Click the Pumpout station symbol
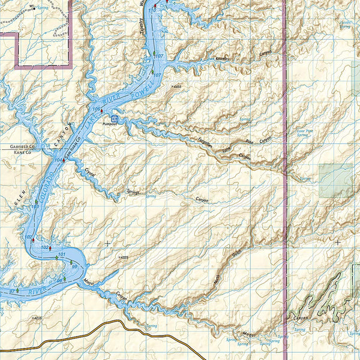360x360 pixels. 114,119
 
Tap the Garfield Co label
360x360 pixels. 23,146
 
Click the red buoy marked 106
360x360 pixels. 103,111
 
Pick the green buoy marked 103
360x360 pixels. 37,202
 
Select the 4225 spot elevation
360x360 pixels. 124,257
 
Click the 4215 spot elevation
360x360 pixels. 37,317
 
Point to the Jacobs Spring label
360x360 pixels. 344,25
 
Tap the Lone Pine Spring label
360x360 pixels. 305,133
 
